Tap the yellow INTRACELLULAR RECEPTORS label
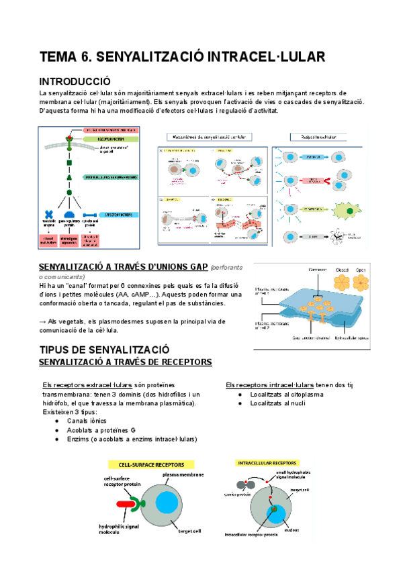click(x=267, y=462)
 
